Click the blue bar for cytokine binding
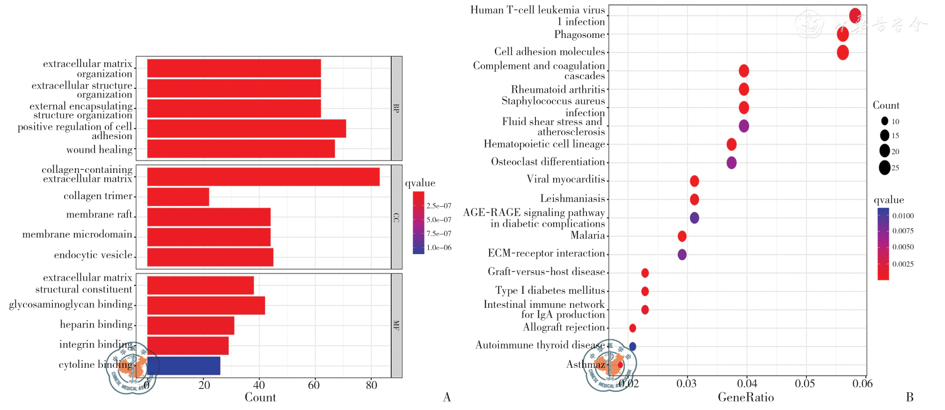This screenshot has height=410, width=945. (x=183, y=365)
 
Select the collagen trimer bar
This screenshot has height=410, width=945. (x=178, y=197)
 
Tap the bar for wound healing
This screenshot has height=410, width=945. (x=241, y=149)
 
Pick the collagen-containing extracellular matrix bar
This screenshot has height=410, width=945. (x=263, y=177)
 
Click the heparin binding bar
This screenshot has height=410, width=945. (x=190, y=326)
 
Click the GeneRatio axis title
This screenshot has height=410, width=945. (x=746, y=398)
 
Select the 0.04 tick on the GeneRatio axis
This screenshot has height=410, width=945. (x=747, y=384)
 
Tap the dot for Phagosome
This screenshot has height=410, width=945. (x=842, y=34)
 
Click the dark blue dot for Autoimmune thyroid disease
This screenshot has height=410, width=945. (x=632, y=347)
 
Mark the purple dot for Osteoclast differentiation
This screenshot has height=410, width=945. (x=731, y=163)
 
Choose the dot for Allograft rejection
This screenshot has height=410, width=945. (x=632, y=328)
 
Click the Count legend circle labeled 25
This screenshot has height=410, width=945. (x=884, y=167)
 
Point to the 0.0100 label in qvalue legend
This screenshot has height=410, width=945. (x=903, y=216)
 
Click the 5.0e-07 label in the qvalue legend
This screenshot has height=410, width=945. (x=439, y=220)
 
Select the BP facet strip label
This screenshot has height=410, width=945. (x=396, y=108)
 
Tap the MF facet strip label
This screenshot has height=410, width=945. (x=396, y=325)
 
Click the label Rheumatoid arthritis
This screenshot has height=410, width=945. (x=557, y=89)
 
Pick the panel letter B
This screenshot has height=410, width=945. (x=909, y=397)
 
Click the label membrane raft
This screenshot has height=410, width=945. (x=99, y=215)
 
